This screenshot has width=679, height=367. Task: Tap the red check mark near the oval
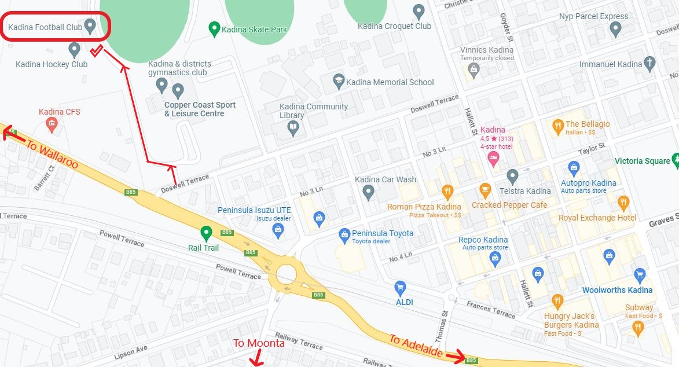click(97, 50)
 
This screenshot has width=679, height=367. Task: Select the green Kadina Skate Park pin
click(214, 28)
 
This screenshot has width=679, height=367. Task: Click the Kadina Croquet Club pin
click(419, 10)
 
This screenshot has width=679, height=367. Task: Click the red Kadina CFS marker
click(52, 123)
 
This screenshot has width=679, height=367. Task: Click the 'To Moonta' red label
click(259, 343)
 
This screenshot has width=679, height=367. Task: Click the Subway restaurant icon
click(638, 328)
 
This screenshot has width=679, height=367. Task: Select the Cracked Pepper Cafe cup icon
click(485, 190)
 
